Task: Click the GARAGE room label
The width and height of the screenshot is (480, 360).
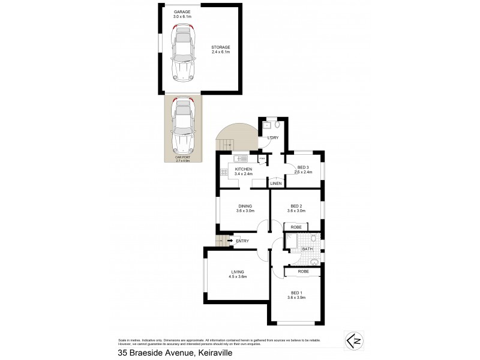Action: pyautogui.click(x=182, y=12)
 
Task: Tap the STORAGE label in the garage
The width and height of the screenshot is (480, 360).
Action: pyautogui.click(x=221, y=47)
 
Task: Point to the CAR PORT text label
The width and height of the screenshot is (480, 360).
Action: pyautogui.click(x=182, y=157)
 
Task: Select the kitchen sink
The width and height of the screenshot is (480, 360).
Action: pyautogui.click(x=241, y=158)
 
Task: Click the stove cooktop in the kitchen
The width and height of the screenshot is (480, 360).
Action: pyautogui.click(x=224, y=173)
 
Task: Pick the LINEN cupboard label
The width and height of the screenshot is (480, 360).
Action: pyautogui.click(x=276, y=184)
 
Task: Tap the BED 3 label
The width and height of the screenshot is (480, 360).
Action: pyautogui.click(x=304, y=167)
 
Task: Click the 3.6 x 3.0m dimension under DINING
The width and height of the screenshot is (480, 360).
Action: pyautogui.click(x=244, y=211)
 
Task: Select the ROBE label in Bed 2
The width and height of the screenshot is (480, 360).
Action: pyautogui.click(x=296, y=227)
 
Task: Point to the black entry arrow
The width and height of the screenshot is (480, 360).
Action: pyautogui.click(x=230, y=241)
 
